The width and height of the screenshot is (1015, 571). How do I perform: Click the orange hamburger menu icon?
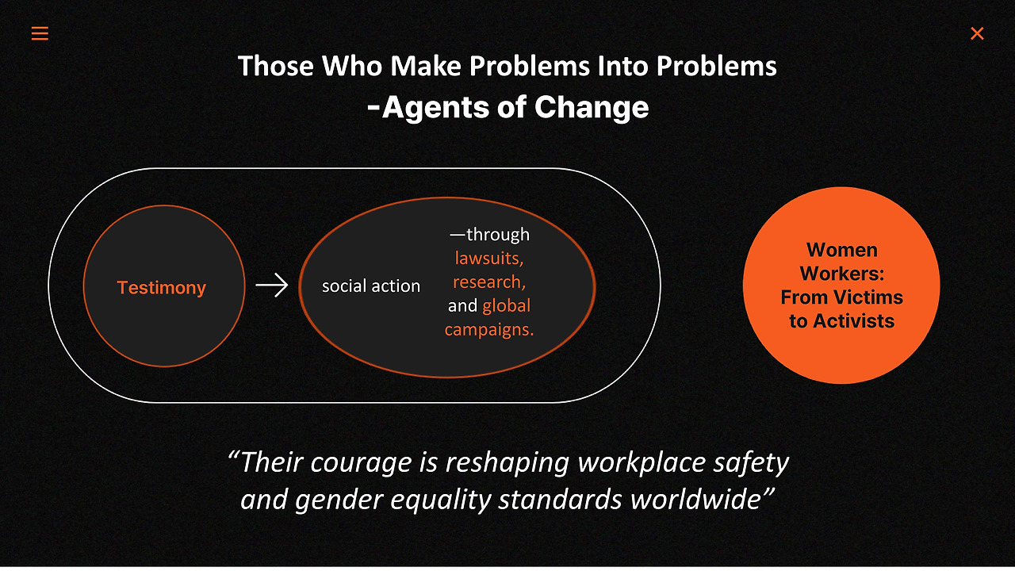click(x=40, y=33)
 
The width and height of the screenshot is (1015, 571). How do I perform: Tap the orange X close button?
click(x=977, y=33)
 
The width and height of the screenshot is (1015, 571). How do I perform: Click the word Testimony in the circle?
click(x=162, y=288)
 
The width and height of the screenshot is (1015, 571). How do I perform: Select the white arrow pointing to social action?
click(x=271, y=285)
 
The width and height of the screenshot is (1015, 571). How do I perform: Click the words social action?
click(x=371, y=286)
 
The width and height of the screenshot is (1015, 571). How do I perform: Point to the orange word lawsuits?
click(x=488, y=258)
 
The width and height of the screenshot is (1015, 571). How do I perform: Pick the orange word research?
click(x=488, y=282)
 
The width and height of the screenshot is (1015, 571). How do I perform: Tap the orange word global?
click(x=506, y=305)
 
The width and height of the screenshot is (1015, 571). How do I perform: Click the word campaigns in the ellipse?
click(x=488, y=329)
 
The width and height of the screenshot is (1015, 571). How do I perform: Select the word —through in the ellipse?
click(x=489, y=234)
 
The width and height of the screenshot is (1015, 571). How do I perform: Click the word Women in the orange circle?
click(x=842, y=250)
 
